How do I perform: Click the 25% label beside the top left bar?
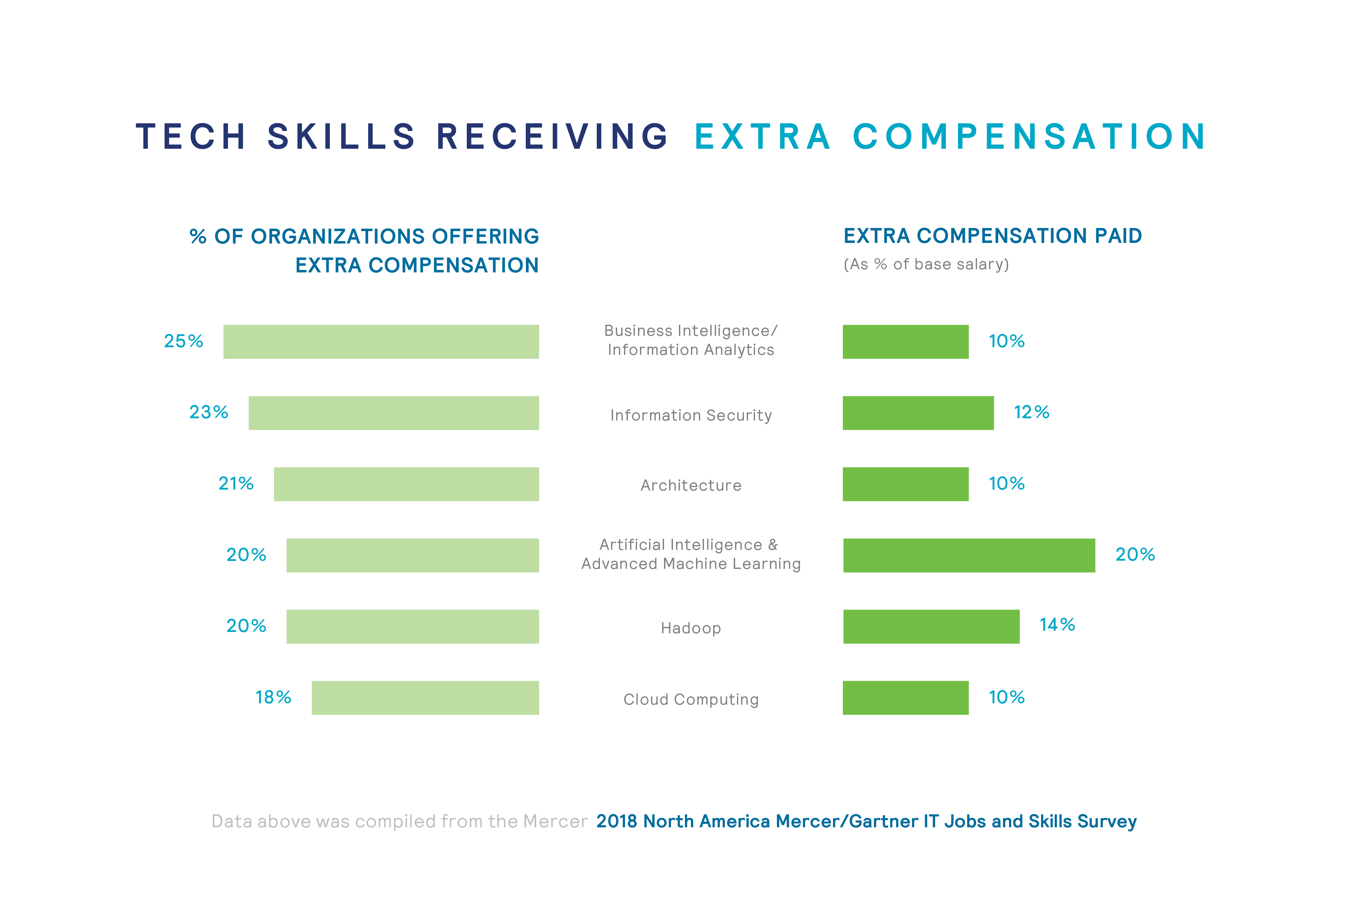(183, 341)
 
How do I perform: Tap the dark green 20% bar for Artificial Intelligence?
(969, 555)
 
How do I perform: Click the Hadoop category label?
(690, 628)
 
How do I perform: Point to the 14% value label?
(1057, 625)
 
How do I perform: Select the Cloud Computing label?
(690, 700)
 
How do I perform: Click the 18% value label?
(273, 697)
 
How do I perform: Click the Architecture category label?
(690, 485)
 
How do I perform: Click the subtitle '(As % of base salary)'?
(926, 264)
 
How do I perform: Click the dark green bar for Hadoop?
(931, 627)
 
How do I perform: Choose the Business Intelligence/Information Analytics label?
(690, 340)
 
